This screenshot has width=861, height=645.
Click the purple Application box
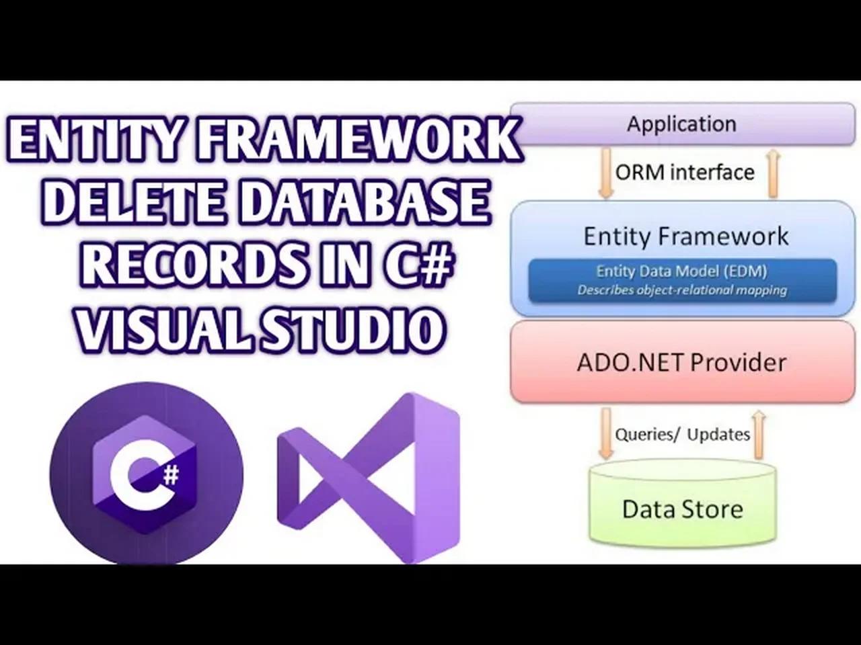pos(683,124)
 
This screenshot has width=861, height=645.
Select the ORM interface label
pos(685,172)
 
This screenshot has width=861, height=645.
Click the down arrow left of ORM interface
pos(606,172)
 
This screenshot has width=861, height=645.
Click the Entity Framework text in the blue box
pos(685,236)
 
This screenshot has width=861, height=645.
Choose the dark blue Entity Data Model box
pos(683,280)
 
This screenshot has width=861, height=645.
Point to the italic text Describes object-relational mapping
pos(683,290)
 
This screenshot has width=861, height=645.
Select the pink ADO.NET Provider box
pos(683,362)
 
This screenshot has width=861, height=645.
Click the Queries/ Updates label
pos(683,434)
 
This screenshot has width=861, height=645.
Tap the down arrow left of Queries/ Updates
pos(606,433)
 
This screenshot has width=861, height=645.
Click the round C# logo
pos(147,474)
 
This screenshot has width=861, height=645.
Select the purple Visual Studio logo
pos(368,478)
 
